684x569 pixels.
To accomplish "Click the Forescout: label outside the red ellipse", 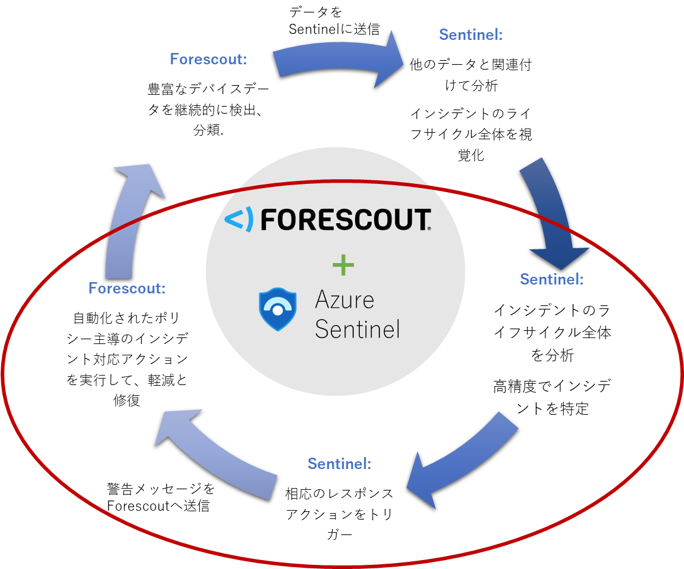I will (208, 60).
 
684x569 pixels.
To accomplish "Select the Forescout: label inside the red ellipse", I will (127, 288).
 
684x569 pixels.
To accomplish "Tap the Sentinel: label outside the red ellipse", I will (470, 35).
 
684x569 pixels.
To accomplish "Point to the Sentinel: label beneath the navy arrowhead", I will (551, 279).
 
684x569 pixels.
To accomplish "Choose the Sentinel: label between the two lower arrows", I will (339, 463).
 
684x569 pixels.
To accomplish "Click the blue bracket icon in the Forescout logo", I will (239, 220).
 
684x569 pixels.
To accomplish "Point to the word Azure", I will (344, 300).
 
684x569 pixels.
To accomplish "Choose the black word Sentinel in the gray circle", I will (357, 329).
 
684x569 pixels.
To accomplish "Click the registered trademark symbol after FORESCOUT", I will (429, 228).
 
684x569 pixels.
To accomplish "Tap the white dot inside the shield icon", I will (277, 310).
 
